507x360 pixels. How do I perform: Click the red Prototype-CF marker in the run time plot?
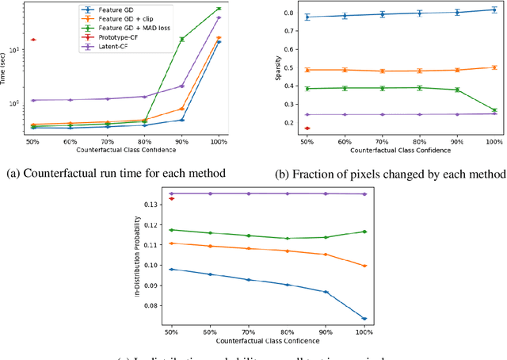[x=32, y=40]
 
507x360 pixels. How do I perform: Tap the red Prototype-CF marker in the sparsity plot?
[x=307, y=128]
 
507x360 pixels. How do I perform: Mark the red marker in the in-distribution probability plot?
[x=172, y=199]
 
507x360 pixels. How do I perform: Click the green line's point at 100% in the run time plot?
[x=219, y=9]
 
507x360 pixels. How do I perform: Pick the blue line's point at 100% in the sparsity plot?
[x=494, y=10]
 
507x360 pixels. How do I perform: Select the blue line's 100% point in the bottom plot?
[x=364, y=319]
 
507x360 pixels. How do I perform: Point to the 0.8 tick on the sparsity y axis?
[x=288, y=13]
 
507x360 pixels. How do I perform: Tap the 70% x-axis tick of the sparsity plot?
[x=382, y=141]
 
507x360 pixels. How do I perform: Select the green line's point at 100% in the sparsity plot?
[x=494, y=110]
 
